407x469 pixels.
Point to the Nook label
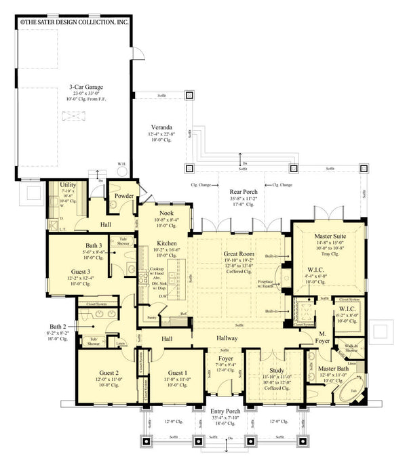pyautogui.click(x=166, y=212)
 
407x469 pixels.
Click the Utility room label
pyautogui.click(x=68, y=185)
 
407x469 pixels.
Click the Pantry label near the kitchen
pyautogui.click(x=153, y=317)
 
